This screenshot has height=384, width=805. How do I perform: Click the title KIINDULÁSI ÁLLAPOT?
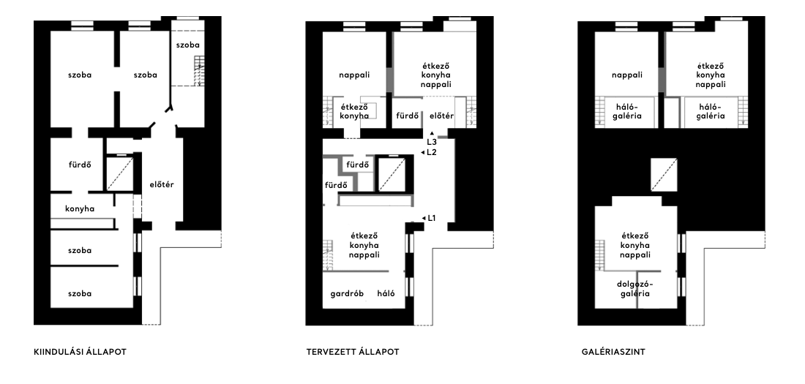coord(80,352)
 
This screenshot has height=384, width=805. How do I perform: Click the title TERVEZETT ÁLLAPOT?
coord(353,352)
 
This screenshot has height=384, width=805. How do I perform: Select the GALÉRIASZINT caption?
coord(613,352)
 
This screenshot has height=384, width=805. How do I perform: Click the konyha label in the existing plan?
coord(80,209)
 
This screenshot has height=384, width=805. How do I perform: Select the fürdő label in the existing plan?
coord(80,165)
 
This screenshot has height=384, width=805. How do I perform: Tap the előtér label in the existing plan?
coord(162,185)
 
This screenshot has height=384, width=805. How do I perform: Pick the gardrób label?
coord(347,293)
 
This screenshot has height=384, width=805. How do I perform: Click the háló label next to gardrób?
coord(386,293)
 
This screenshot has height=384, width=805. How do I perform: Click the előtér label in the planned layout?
coord(441,116)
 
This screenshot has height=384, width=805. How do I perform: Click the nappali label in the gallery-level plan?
coord(627,75)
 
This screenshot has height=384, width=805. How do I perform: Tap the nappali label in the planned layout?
coord(354,75)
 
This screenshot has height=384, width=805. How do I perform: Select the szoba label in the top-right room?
coord(187,45)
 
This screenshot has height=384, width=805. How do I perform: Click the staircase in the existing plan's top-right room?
coord(199,71)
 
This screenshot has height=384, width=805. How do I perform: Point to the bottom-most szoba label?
coord(80,293)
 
